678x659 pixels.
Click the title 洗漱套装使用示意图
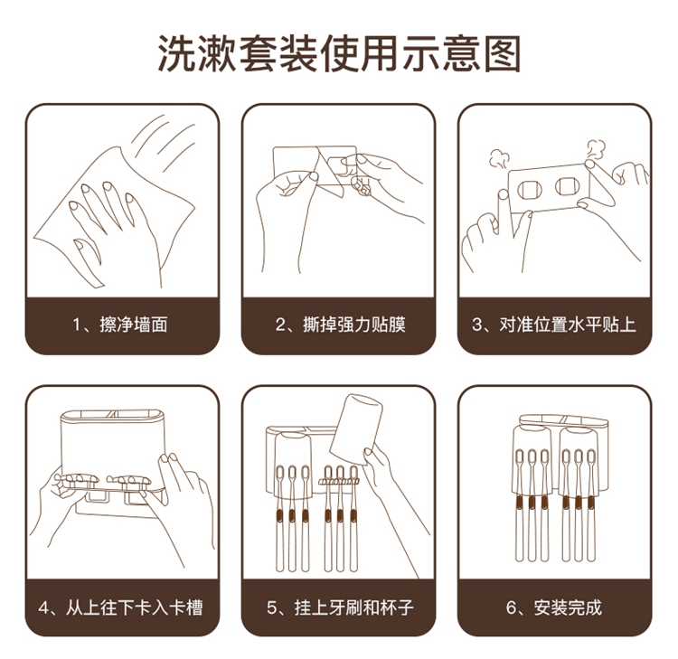[x=339, y=53]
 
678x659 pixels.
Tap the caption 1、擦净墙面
[x=119, y=325]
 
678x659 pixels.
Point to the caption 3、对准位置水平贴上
[x=554, y=325]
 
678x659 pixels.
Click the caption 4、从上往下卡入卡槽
[x=120, y=607]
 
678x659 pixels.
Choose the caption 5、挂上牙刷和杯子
[x=340, y=607]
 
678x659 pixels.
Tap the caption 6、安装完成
[x=554, y=607]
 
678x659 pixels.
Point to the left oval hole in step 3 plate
[x=530, y=190]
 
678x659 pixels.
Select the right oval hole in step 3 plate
[x=567, y=186]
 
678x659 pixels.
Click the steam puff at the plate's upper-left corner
[x=498, y=159]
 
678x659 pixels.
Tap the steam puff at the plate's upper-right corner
[x=597, y=150]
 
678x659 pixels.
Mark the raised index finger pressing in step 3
[x=505, y=212]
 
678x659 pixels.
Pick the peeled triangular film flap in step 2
[x=328, y=172]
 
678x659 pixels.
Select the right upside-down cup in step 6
[x=579, y=461]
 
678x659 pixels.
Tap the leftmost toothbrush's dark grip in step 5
[x=279, y=515]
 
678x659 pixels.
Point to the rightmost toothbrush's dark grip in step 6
[x=591, y=503]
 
